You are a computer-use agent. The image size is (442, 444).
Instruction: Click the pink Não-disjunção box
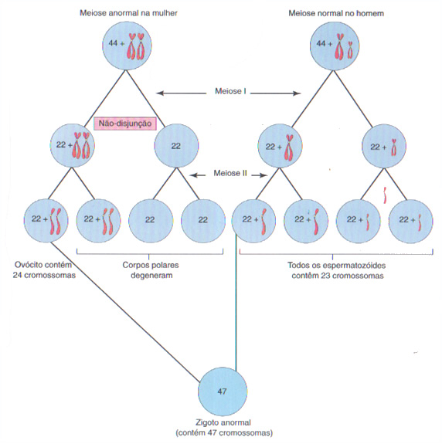point(125,124)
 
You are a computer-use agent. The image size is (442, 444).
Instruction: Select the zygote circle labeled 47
point(223,391)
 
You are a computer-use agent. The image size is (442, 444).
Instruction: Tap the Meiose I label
point(230,91)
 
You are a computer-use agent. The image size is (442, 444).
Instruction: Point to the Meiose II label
point(230,173)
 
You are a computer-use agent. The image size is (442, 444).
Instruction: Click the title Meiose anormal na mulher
point(128,13)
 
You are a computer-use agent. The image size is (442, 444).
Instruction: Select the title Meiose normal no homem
point(336,13)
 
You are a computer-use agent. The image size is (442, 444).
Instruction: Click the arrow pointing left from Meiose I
point(182,93)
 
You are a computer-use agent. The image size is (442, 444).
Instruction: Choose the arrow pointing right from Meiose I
point(275,93)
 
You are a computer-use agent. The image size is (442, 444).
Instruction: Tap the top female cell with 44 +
point(127,46)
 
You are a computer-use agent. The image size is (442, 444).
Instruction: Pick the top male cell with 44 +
point(335,46)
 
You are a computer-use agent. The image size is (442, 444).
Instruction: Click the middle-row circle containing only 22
point(176,145)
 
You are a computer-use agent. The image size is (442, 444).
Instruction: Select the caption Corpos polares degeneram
point(151,270)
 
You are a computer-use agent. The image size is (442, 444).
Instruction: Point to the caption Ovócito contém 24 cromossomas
point(44,269)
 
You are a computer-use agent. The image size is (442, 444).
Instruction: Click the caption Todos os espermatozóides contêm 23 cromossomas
point(337,270)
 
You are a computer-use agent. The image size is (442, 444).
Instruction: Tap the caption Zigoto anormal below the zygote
point(224,422)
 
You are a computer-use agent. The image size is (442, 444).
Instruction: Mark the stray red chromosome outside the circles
point(385,195)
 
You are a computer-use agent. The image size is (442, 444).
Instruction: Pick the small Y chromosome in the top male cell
point(350,50)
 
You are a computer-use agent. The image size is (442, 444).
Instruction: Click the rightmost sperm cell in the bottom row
point(410,221)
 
